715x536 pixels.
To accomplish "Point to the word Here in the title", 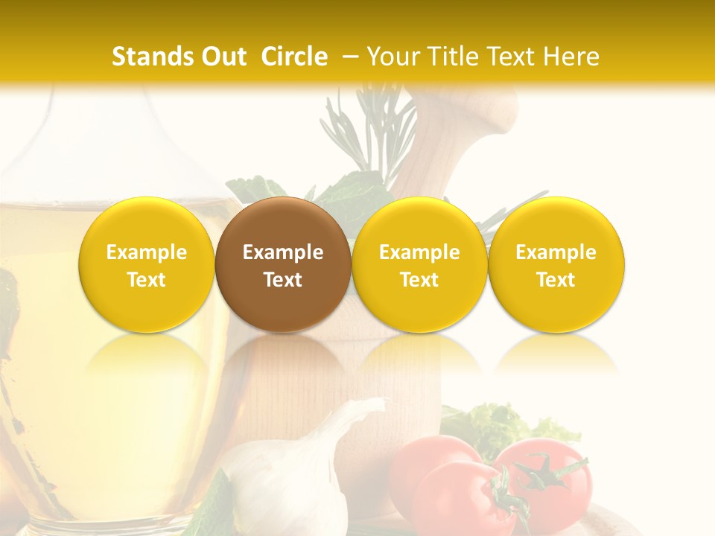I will pos(571,57).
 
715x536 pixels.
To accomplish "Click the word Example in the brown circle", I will pos(283,252).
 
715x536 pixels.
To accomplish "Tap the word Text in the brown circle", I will pos(283,280).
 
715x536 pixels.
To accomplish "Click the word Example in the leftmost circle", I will pos(146,252).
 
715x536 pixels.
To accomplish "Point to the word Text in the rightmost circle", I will pos(556,280).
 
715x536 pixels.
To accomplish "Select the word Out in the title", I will pos(221,57).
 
